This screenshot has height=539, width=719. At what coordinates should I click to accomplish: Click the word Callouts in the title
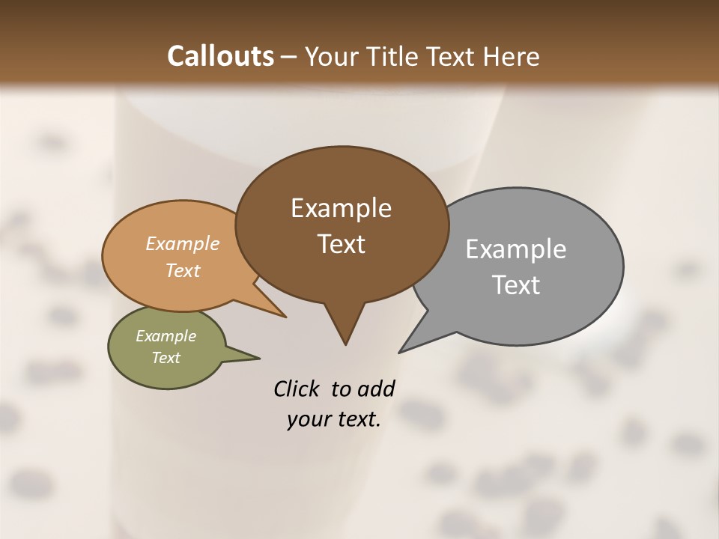click(x=220, y=56)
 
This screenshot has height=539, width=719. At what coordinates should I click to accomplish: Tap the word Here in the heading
click(x=511, y=56)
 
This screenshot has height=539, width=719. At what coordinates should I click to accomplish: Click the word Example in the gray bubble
click(x=515, y=249)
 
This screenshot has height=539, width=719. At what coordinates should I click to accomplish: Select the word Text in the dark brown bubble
click(x=342, y=244)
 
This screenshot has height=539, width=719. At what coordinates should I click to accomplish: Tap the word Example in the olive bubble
click(x=166, y=336)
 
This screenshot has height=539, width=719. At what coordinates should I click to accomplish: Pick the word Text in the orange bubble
click(x=182, y=270)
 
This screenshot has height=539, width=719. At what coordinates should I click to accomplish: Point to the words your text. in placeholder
click(x=334, y=420)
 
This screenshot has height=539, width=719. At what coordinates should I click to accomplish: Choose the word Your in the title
click(x=332, y=56)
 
